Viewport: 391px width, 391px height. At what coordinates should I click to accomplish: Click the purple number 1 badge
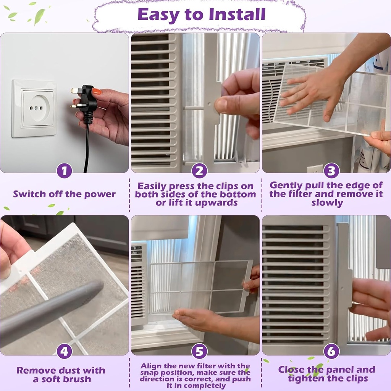(64, 171)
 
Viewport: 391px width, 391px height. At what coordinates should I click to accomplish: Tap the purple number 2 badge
(199, 171)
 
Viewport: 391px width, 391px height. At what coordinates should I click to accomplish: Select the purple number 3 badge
(331, 171)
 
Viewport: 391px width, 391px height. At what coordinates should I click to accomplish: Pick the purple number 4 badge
(64, 351)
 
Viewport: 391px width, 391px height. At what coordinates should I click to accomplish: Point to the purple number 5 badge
(199, 351)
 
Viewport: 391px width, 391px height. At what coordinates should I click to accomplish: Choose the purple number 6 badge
(331, 351)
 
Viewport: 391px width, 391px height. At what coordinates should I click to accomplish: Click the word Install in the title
(237, 14)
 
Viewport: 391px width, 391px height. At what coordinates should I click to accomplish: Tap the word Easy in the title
(158, 15)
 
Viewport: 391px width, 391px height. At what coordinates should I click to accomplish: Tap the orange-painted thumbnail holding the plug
(97, 91)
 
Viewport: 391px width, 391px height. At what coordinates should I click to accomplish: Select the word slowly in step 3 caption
(327, 203)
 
